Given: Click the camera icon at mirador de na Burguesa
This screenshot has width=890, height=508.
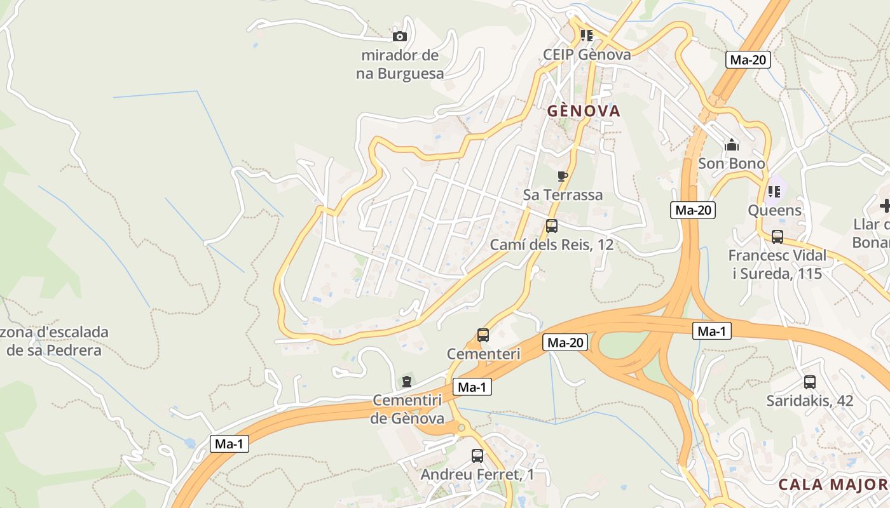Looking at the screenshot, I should click(400, 37).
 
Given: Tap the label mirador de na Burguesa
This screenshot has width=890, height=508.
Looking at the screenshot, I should click(400, 64).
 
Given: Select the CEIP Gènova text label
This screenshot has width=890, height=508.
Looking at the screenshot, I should click(587, 54).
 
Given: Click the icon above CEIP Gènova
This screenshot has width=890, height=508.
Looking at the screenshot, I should click(586, 36).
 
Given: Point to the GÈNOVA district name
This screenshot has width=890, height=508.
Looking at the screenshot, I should click(584, 111).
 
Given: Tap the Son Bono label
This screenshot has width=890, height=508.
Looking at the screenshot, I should click(732, 163).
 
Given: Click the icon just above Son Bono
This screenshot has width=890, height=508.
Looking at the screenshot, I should click(732, 145).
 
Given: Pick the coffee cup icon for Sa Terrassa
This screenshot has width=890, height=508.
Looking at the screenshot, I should click(562, 176).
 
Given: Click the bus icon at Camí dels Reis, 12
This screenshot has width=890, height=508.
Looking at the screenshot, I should click(552, 226).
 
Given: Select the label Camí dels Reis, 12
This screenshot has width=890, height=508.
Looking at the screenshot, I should click(552, 244).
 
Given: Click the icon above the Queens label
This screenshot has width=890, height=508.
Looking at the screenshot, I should click(774, 191).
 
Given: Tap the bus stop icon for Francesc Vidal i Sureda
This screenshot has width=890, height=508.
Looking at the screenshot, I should click(777, 237).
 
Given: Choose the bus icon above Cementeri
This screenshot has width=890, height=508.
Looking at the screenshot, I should click(483, 335).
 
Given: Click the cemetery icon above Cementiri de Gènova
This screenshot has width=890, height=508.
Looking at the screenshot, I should click(407, 382).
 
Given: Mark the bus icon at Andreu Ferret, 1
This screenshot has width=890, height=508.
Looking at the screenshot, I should click(477, 455).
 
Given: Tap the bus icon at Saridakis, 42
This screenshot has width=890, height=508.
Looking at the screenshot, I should click(809, 382).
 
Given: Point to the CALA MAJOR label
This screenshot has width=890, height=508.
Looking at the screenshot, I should click(833, 485).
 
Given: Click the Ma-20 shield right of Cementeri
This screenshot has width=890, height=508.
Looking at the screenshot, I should click(565, 343).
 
